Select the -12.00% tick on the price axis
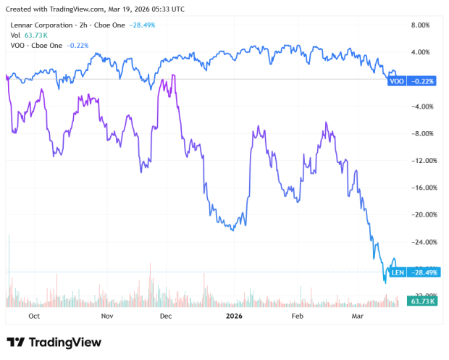coord(421,161)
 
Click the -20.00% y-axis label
coord(421,215)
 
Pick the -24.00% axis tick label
coord(421,242)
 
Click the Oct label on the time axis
coord(33,316)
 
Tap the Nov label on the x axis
coord(106,316)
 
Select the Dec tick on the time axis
coord(166,316)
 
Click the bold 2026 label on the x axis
coord(234,316)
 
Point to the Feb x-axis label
coord(297,316)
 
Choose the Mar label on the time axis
coord(357,316)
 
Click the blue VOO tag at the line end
coord(397,81)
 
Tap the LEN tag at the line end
coord(397,272)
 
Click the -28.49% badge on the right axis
coord(423,272)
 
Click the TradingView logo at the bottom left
coord(54,342)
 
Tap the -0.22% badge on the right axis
coord(423,81)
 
